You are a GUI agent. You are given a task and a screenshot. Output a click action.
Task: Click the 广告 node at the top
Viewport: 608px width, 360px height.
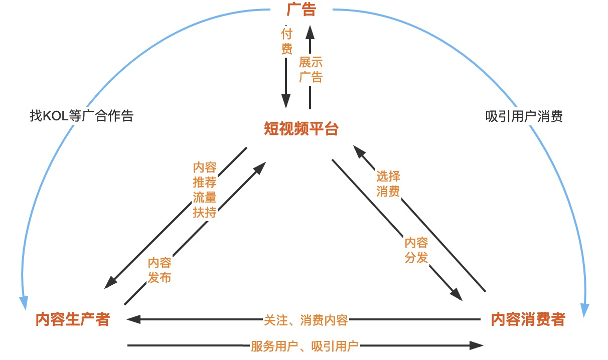(x=301, y=10)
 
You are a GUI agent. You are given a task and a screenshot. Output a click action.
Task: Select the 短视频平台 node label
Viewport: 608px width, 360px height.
(x=301, y=129)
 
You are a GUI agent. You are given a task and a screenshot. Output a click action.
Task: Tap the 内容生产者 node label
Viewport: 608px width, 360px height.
(x=73, y=319)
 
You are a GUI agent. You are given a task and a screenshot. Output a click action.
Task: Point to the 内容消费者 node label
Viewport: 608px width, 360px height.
(x=528, y=319)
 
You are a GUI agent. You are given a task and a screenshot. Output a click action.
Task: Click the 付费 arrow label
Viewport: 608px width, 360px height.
(x=286, y=42)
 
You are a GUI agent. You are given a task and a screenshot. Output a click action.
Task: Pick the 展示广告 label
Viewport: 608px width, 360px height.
(x=311, y=70)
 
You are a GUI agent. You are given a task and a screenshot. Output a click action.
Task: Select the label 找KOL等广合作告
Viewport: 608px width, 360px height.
(x=82, y=116)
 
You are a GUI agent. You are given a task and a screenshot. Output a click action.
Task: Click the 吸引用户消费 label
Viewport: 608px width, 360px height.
(x=524, y=116)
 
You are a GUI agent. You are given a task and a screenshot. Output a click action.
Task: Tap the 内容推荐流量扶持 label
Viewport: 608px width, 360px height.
(x=204, y=190)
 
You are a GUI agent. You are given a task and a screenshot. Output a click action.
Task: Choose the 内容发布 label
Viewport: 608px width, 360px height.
(x=160, y=270)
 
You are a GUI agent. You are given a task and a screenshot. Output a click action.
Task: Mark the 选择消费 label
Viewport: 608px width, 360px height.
(x=388, y=184)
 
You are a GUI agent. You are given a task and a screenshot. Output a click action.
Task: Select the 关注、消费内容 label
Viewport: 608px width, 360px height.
(x=306, y=320)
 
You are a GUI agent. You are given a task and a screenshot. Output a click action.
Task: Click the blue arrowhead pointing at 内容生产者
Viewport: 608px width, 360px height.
(x=24, y=302)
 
